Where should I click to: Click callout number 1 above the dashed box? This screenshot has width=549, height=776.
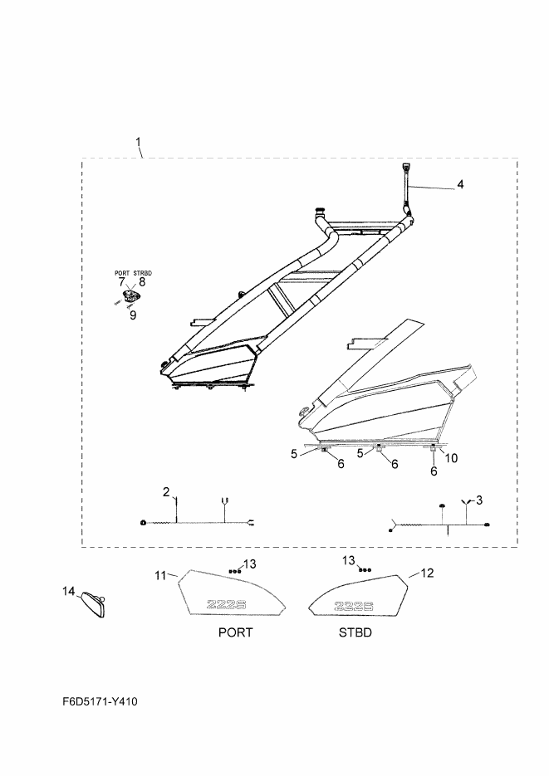coord(139,142)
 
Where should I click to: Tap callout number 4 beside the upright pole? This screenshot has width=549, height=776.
coord(460,184)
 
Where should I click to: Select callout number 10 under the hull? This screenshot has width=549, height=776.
coord(452,458)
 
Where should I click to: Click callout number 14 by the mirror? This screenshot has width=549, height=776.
coord(68,591)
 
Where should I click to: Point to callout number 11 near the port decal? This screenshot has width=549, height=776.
coord(160,575)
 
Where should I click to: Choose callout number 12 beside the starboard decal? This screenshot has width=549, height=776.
coord(427,573)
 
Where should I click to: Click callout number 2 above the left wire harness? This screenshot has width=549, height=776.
coord(166,492)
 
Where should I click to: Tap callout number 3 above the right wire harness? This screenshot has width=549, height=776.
coord(478,500)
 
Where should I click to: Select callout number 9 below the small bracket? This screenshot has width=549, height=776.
coord(133,315)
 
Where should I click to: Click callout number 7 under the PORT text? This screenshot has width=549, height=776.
coord(122,282)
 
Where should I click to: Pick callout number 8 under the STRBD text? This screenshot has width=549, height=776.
coord(142,282)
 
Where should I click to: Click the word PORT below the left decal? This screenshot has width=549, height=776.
coord(235,632)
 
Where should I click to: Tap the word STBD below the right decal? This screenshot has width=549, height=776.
coord(355,632)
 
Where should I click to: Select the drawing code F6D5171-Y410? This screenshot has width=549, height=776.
coord(100,701)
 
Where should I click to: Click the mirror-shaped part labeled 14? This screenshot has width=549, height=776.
coord(94,605)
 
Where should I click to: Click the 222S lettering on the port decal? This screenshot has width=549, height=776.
coord(226,604)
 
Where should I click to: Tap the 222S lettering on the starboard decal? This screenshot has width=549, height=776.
coord(354,606)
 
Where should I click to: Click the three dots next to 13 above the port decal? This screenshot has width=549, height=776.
coord(235,571)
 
